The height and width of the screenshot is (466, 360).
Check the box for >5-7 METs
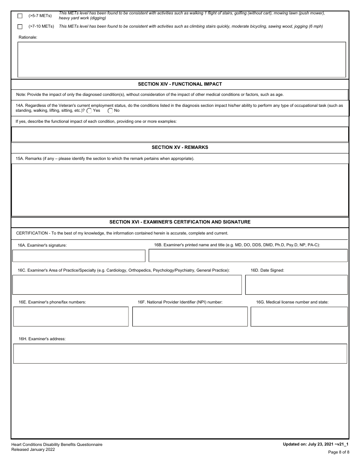(20, 16)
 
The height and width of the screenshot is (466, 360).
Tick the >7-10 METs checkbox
(20, 27)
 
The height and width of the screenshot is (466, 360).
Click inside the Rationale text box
(182, 59)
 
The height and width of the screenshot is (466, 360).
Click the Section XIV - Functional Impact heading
(180, 84)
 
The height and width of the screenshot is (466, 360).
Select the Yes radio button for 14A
(89, 111)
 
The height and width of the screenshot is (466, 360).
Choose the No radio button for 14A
(110, 111)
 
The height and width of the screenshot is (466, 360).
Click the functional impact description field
(180, 134)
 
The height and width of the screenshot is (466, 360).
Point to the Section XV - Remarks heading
(180, 147)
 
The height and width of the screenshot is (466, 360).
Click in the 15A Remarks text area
(180, 190)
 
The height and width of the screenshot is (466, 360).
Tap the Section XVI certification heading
(180, 222)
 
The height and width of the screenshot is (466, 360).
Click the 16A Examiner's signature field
(79, 256)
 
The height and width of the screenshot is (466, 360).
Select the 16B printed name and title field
(248, 256)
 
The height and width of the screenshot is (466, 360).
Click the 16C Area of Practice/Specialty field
(127, 285)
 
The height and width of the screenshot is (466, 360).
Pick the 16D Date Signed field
(296, 285)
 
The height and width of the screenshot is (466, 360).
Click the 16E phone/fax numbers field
(71, 316)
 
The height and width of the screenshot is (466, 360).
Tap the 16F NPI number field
(189, 316)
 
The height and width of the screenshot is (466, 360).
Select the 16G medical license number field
(299, 316)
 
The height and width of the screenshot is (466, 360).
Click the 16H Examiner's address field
(180, 353)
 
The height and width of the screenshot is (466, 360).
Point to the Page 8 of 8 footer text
(338, 452)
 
